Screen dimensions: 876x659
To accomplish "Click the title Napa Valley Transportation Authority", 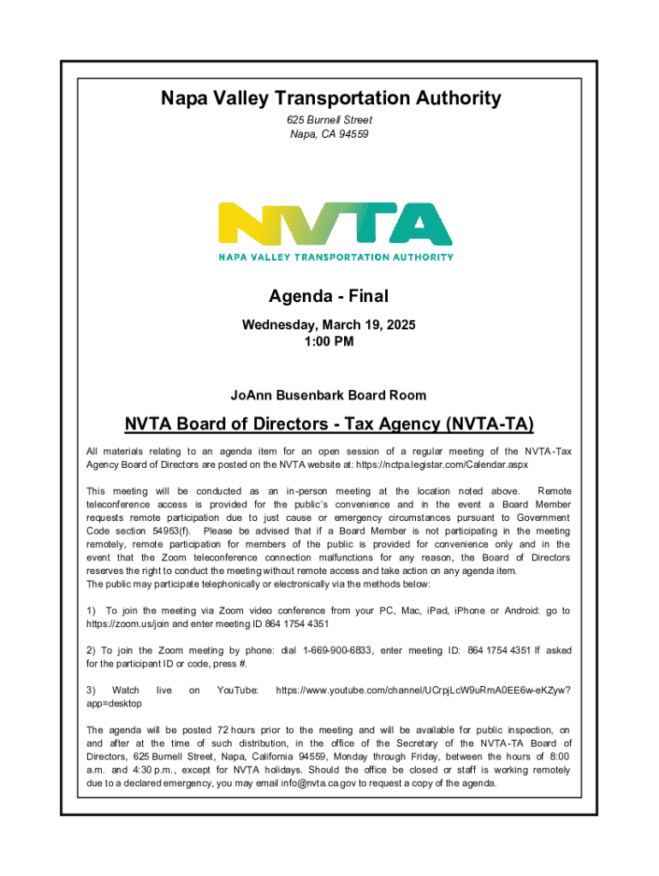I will pyautogui.click(x=330, y=99).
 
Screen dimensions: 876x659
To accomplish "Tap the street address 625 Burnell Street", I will pyautogui.click(x=330, y=121).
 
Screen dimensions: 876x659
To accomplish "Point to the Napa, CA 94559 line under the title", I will pyautogui.click(x=330, y=134).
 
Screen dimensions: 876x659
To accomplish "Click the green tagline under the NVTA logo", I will pyautogui.click(x=336, y=256).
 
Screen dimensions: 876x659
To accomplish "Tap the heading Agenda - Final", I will pyautogui.click(x=329, y=297).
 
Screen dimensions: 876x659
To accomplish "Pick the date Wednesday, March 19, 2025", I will pyautogui.click(x=329, y=326).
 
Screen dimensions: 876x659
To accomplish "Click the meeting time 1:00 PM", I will pyautogui.click(x=329, y=341).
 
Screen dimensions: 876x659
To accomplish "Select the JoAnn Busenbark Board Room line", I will pyautogui.click(x=329, y=395).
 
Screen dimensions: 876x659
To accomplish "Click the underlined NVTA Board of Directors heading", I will pyautogui.click(x=329, y=425).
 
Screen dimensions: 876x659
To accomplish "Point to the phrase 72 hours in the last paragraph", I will pyautogui.click(x=237, y=730).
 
